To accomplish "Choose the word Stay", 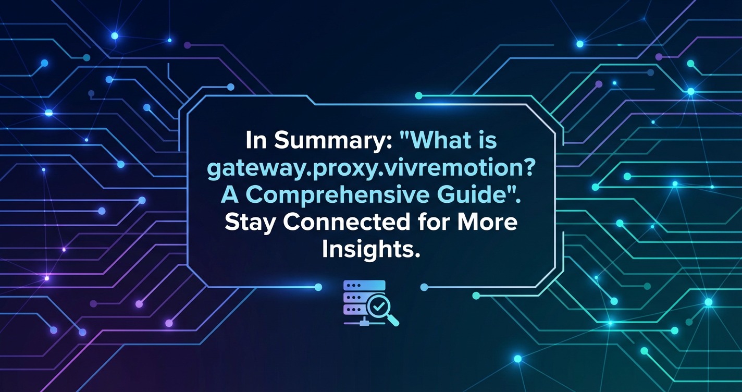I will (251, 223).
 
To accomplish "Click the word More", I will (487, 223).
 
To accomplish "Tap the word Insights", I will (370, 250).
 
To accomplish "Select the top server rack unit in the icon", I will (364, 286).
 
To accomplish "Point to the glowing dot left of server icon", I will (318, 287).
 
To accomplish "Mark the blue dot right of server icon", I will (424, 287).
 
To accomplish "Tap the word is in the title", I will (489, 141).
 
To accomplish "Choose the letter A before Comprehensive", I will (230, 196).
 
